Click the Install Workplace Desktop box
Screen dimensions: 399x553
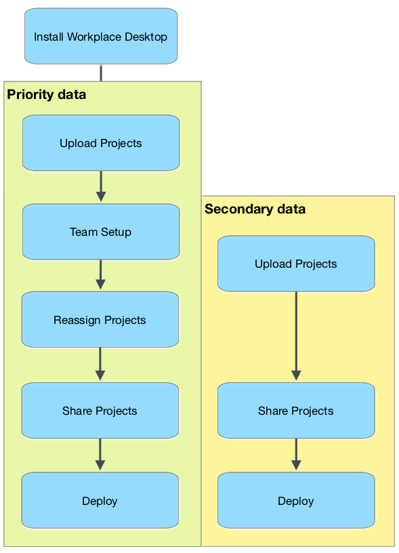click(x=101, y=37)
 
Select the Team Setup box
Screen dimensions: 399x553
click(x=101, y=232)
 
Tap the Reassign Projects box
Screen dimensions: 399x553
click(x=100, y=319)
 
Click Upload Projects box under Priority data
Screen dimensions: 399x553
click(x=101, y=143)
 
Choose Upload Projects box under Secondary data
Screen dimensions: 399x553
click(x=296, y=264)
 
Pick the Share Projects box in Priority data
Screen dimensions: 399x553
click(x=100, y=411)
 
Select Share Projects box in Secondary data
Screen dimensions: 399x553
click(x=296, y=411)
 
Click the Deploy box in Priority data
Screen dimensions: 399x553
click(x=100, y=500)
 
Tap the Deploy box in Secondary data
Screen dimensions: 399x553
click(x=296, y=500)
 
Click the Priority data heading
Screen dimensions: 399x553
click(x=47, y=94)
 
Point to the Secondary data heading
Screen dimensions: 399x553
click(x=255, y=209)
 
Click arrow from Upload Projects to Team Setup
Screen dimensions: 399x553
click(x=101, y=186)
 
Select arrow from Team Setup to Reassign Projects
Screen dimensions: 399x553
click(x=100, y=274)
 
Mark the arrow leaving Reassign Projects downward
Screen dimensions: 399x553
click(x=100, y=365)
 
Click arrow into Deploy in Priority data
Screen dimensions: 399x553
click(x=100, y=455)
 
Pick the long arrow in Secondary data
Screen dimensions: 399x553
click(x=296, y=336)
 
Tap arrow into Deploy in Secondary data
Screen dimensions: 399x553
click(x=296, y=455)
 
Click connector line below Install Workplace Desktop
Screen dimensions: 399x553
click(x=101, y=73)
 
